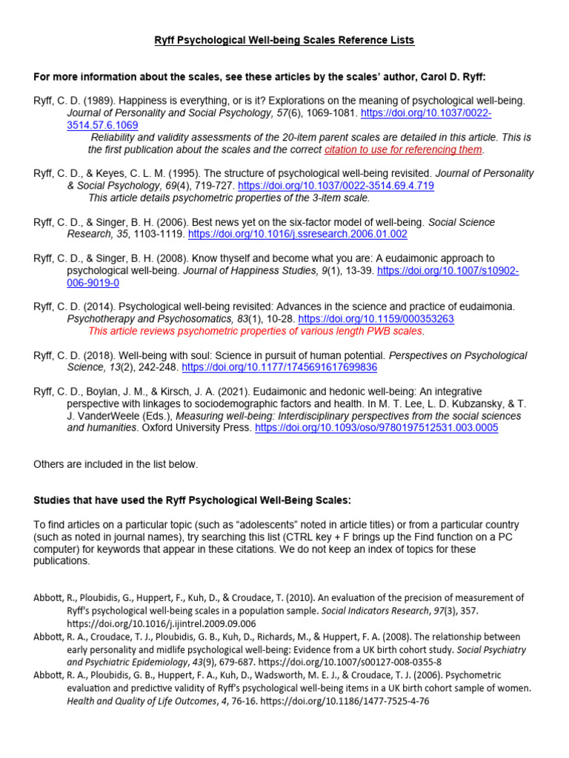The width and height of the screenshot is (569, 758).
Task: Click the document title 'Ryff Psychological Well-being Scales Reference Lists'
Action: [284, 40]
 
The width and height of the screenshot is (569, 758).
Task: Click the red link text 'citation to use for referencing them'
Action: [403, 150]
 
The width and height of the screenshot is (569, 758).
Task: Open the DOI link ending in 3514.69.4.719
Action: [336, 186]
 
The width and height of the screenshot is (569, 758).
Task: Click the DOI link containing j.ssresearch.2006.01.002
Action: [298, 234]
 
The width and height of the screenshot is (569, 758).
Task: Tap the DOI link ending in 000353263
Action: [376, 318]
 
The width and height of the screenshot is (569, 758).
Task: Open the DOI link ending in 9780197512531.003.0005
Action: [376, 428]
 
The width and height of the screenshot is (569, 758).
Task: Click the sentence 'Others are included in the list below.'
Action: [116, 464]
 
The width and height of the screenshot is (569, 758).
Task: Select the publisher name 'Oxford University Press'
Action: [194, 428]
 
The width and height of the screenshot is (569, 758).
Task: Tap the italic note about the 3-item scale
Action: [229, 198]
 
